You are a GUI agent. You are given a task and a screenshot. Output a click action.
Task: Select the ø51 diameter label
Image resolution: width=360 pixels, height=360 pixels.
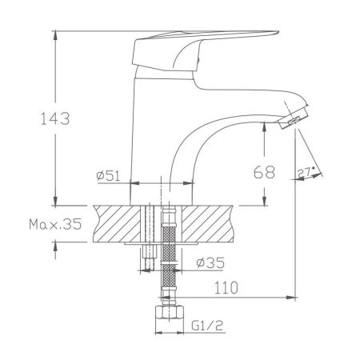[x=107, y=176]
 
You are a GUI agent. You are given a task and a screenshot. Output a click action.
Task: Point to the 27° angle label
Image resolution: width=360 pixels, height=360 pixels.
[x=305, y=172]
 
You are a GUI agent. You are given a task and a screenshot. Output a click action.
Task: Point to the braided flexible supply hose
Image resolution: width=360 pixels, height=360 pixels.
[x=168, y=256]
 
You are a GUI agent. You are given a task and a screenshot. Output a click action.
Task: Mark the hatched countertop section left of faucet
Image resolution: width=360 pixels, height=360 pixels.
[x=118, y=224]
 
